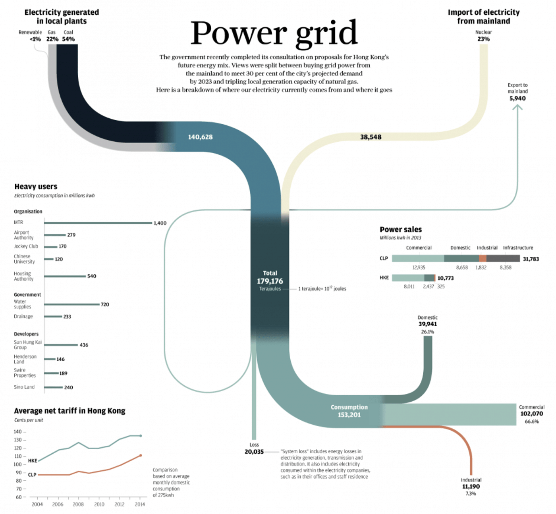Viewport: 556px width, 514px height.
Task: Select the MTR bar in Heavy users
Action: pos(98,223)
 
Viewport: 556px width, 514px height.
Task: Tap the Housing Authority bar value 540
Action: pos(92,276)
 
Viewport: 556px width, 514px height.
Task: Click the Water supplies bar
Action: pos(71,304)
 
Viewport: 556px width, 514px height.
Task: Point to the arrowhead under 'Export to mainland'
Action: pos(517,107)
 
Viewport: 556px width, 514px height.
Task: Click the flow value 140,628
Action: pos(200,137)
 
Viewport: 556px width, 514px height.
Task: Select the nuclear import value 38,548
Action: pos(371,137)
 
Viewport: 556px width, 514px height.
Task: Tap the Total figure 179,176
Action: pos(270,281)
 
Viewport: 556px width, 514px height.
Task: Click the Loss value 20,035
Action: pos(254,452)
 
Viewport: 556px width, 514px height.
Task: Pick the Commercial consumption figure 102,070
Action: pos(531,414)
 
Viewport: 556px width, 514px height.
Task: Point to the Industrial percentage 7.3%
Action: pos(471,494)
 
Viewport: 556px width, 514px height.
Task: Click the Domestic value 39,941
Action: pos(427,324)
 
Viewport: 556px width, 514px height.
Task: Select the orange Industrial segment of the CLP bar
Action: pos(483,258)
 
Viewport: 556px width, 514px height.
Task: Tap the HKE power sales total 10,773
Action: pos(446,278)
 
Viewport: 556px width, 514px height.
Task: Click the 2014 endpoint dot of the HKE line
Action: pos(141,436)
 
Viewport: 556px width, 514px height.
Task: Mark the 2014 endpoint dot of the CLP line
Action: pos(141,456)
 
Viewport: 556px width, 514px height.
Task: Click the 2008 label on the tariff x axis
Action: pos(78,504)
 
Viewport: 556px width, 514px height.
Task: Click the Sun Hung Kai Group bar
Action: pos(61,345)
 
